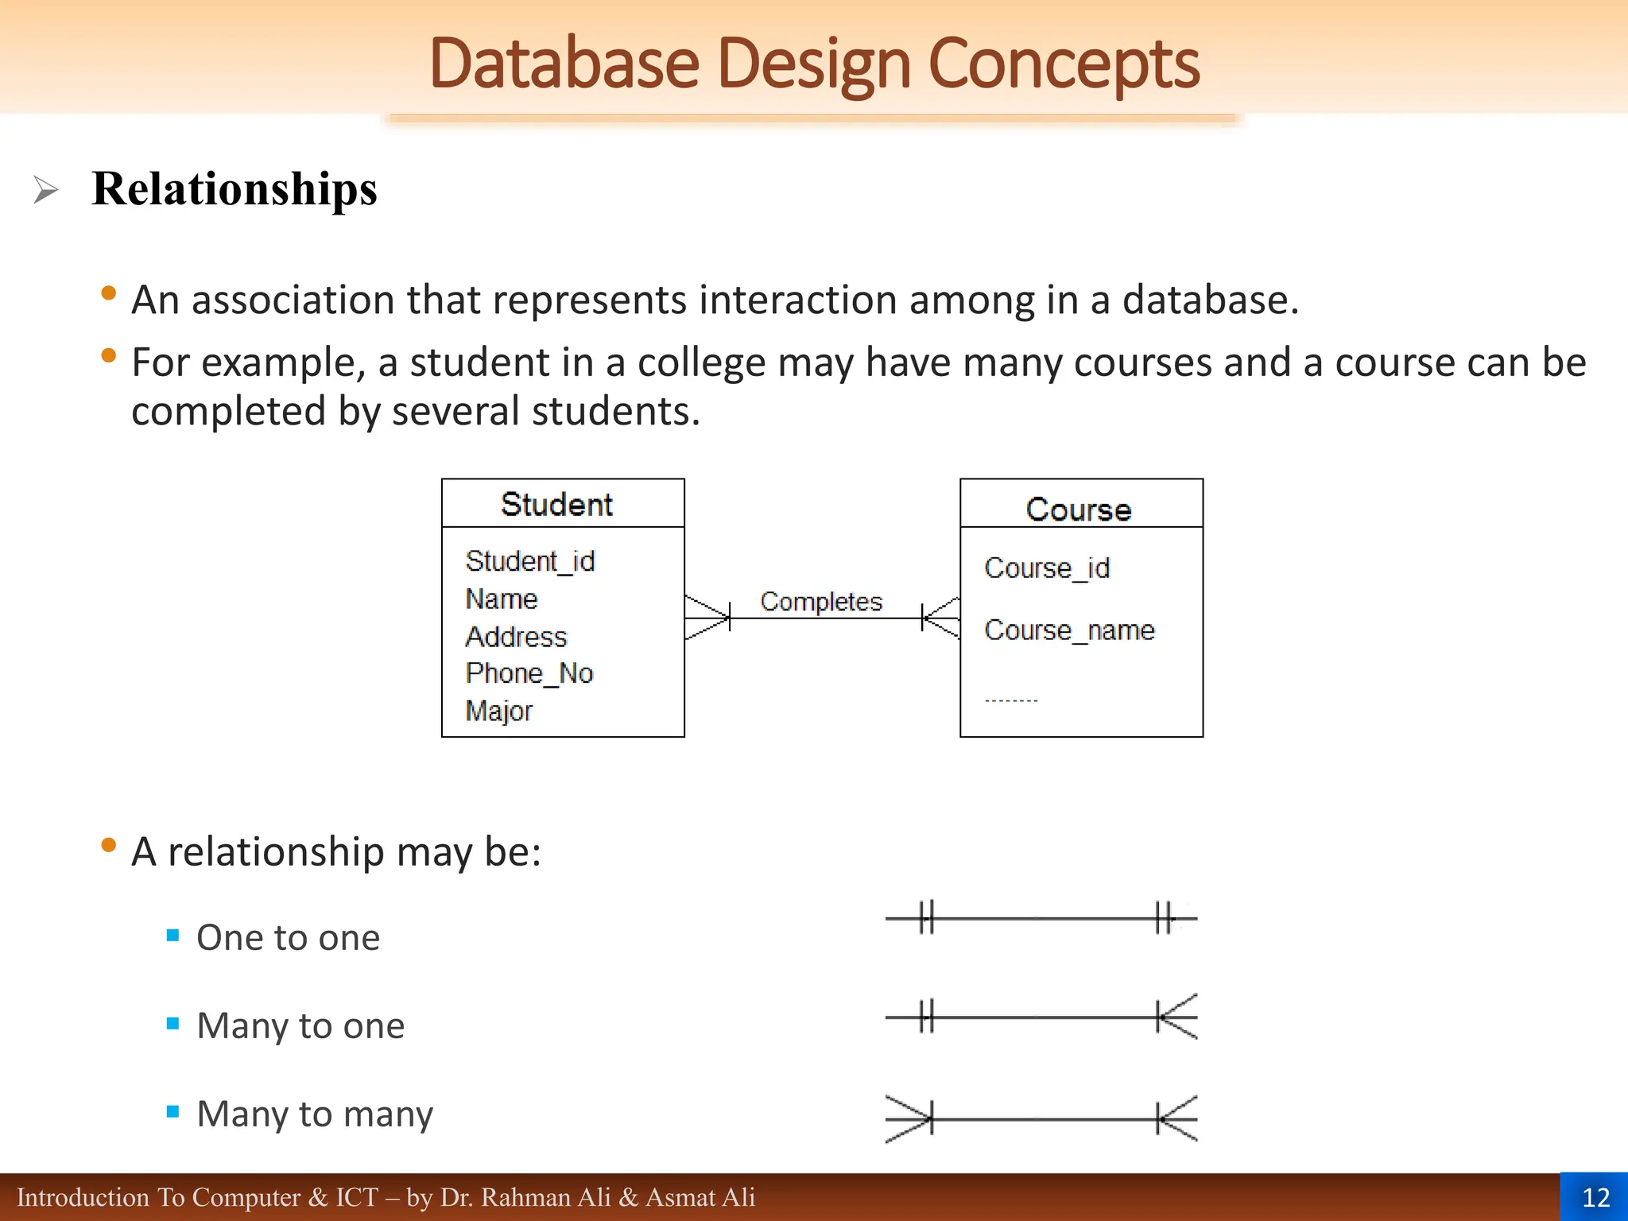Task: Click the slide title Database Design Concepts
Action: (814, 64)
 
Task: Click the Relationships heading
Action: (235, 189)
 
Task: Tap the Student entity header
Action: (556, 505)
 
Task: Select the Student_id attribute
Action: (530, 561)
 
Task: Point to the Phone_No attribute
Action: (529, 673)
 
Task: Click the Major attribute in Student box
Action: (499, 711)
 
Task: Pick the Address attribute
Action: (516, 637)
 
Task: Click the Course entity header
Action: (1079, 509)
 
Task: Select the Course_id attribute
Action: (1047, 568)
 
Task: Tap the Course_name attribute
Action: (1069, 630)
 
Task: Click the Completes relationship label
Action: (821, 602)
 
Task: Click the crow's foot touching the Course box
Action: (941, 618)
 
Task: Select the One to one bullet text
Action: (288, 938)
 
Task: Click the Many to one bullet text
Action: (300, 1026)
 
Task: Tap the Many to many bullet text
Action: (315, 1114)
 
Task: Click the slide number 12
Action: (1595, 1197)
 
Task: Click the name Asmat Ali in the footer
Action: (700, 1197)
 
